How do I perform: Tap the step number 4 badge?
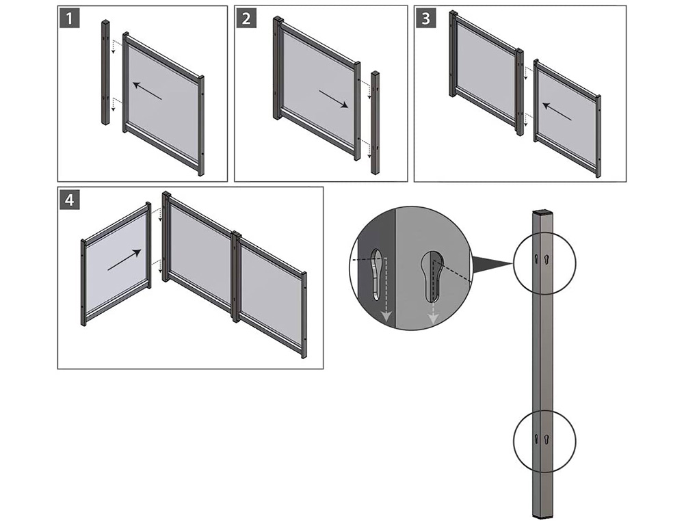[x=70, y=200]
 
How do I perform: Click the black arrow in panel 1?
[x=147, y=91]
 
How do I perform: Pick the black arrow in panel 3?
[x=557, y=111]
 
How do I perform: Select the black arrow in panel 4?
[x=124, y=261]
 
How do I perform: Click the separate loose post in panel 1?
[x=105, y=72]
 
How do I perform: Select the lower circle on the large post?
[x=544, y=438]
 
